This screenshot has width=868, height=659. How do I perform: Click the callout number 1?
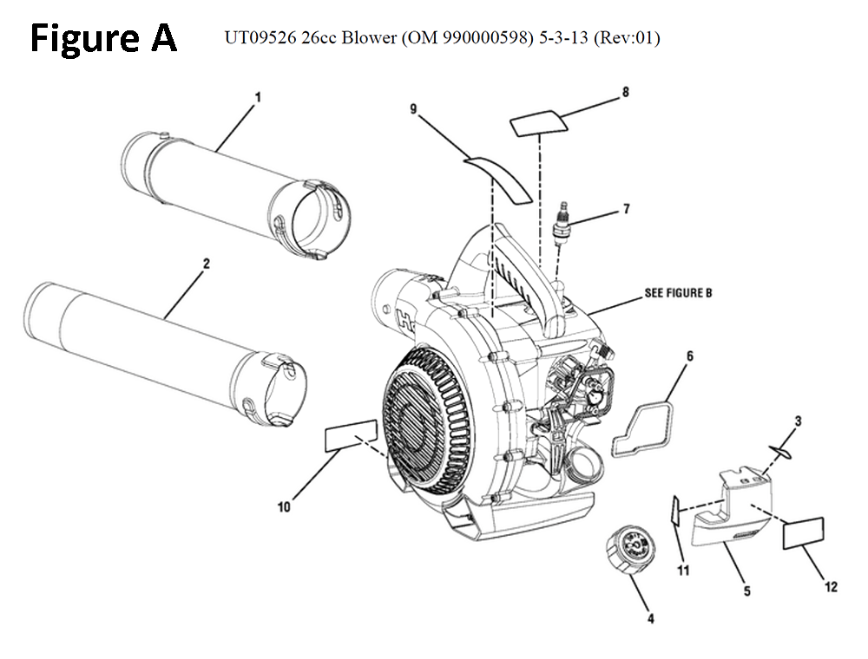click(x=257, y=98)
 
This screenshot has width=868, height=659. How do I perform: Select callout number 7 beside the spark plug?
click(x=626, y=209)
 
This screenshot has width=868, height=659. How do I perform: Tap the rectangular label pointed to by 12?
click(x=803, y=532)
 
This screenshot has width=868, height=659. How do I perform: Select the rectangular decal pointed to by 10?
click(x=351, y=437)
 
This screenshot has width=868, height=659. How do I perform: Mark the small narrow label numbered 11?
click(x=673, y=511)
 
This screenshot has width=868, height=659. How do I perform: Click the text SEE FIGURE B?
click(x=677, y=293)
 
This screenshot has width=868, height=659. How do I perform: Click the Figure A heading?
click(x=103, y=39)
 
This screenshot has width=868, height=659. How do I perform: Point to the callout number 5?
click(x=746, y=592)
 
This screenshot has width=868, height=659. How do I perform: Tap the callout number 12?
click(x=831, y=588)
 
